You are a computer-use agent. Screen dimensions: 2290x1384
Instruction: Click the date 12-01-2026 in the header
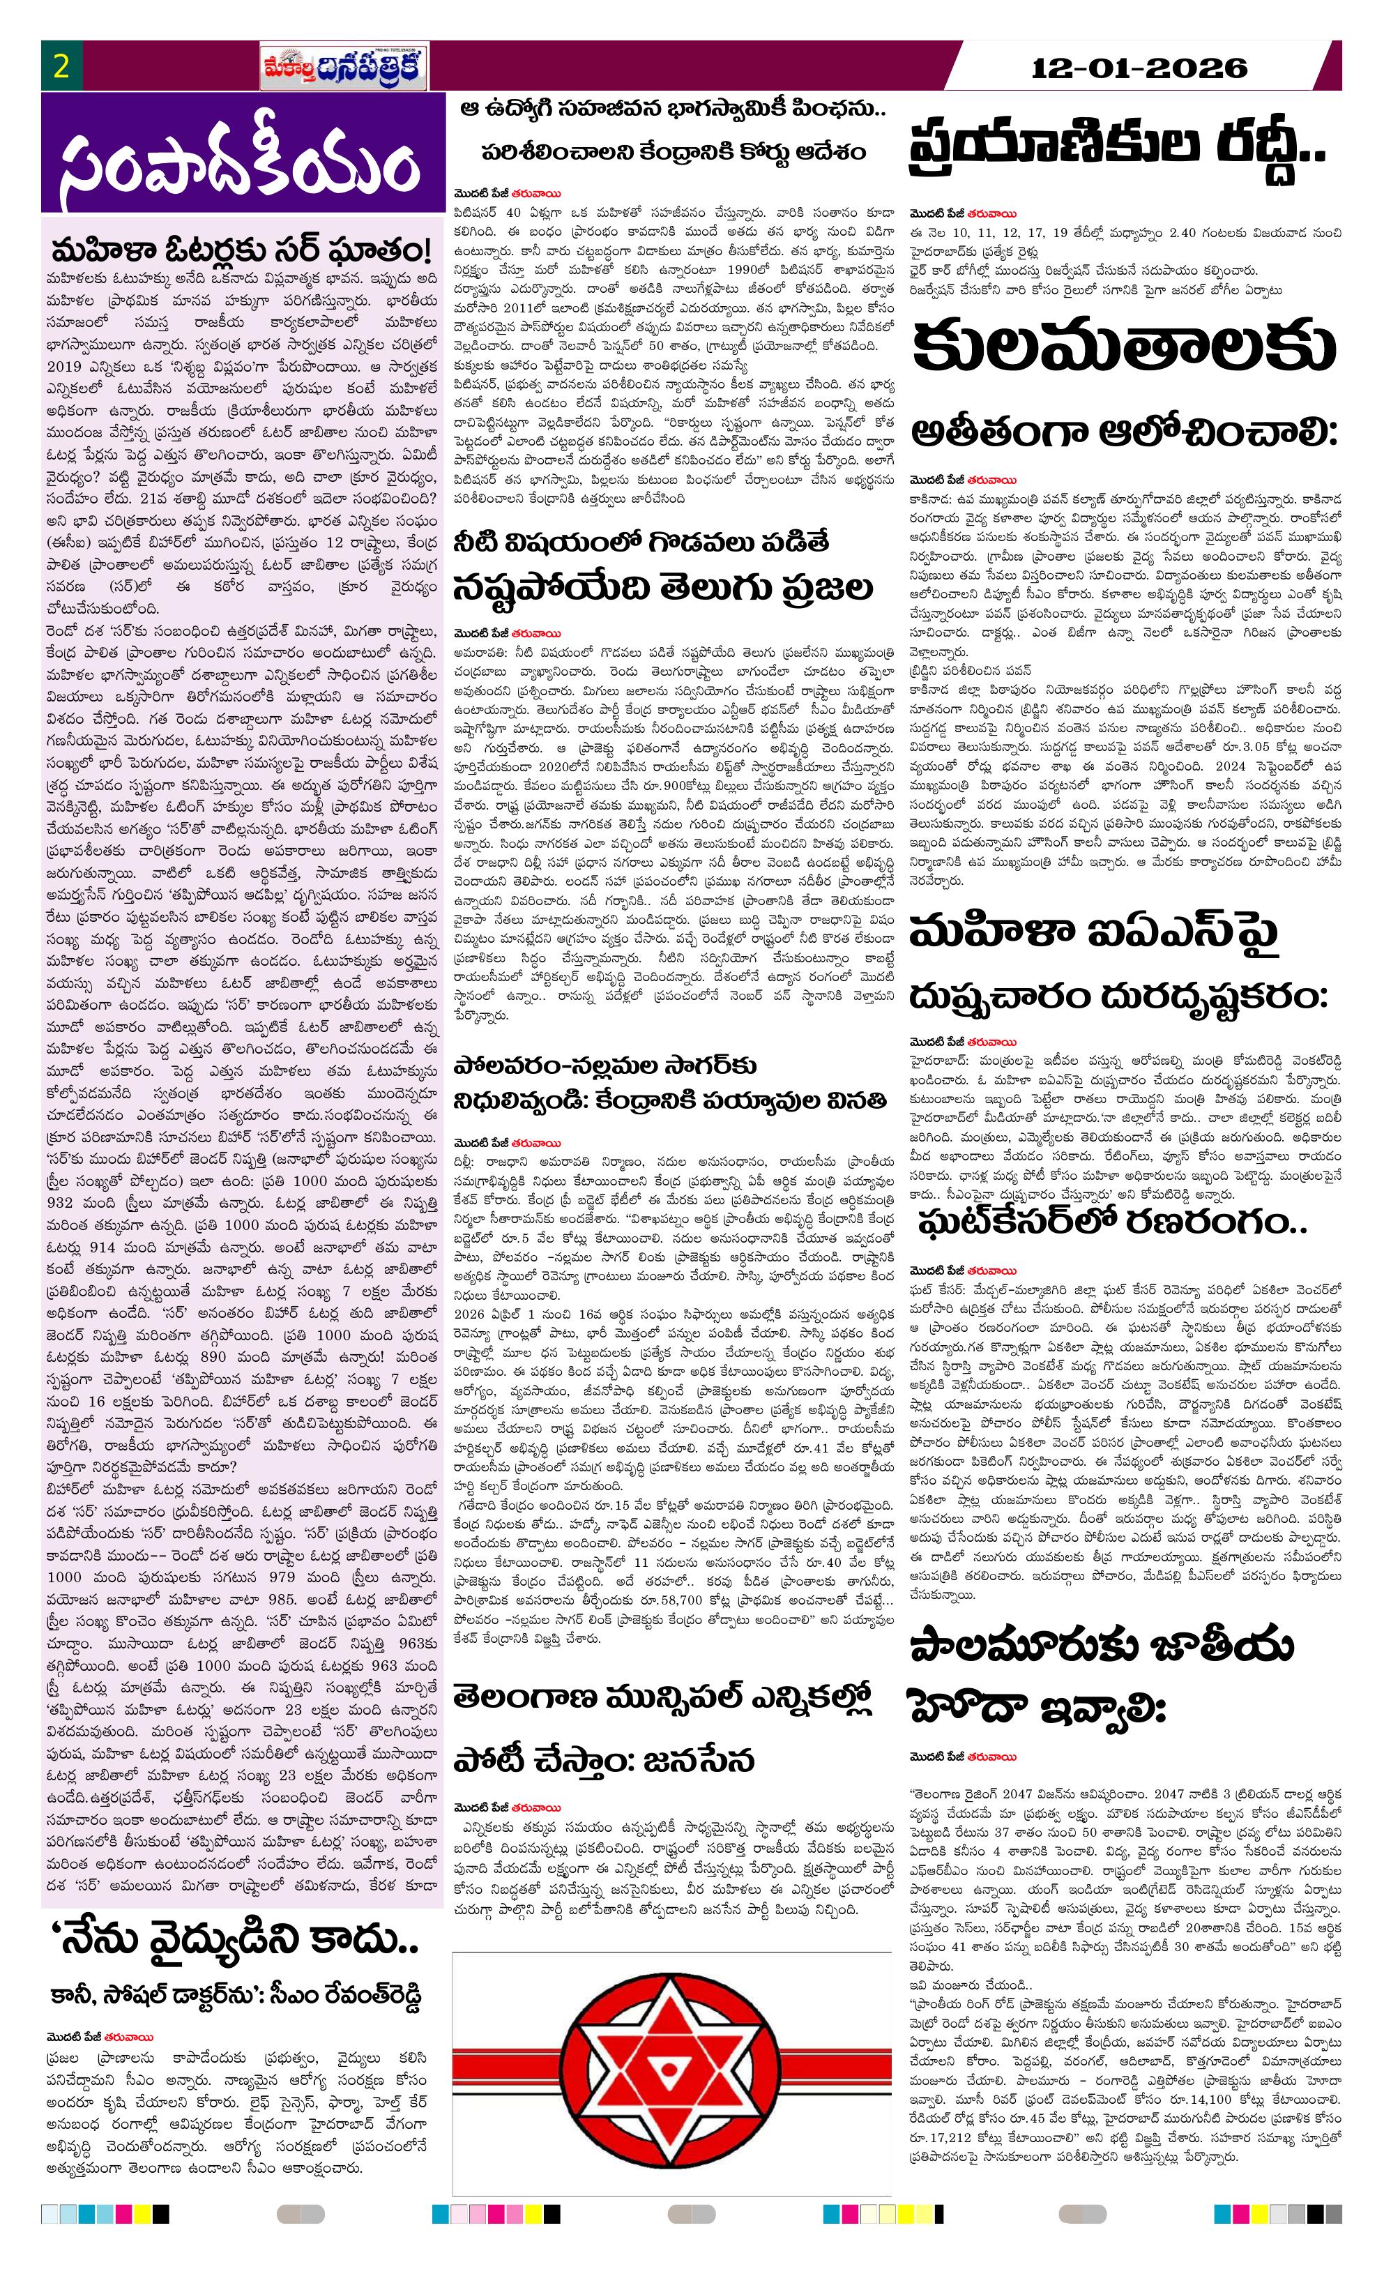click(x=1139, y=68)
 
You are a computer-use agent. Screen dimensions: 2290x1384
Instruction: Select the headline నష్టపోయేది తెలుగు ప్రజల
click(x=663, y=587)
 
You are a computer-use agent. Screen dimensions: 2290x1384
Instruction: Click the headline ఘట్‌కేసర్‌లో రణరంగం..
click(x=1111, y=1221)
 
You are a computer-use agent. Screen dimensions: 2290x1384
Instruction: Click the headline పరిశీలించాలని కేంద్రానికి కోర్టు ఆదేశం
click(x=673, y=151)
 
